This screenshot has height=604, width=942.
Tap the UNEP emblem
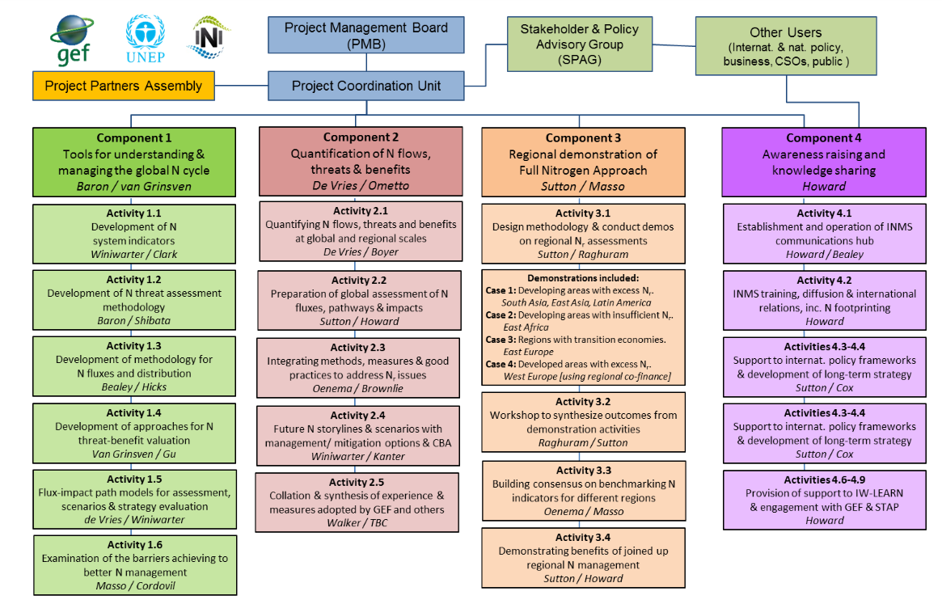click(x=146, y=38)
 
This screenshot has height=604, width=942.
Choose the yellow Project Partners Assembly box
click(x=123, y=86)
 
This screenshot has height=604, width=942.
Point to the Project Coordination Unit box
click(x=365, y=86)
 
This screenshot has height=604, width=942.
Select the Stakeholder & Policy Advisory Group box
click(x=579, y=44)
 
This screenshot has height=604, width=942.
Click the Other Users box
click(x=785, y=47)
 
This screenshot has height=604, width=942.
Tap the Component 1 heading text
click(x=134, y=138)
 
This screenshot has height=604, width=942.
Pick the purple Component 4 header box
click(x=824, y=162)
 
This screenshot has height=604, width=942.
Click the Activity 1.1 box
click(x=134, y=233)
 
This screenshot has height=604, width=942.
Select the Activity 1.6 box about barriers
click(x=134, y=564)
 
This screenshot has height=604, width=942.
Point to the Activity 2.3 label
click(x=360, y=348)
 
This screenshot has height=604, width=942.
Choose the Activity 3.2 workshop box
click(x=583, y=422)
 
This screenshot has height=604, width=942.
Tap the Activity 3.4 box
click(x=583, y=558)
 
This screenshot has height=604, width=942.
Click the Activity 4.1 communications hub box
click(x=824, y=234)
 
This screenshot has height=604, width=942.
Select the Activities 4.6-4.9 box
click(x=824, y=500)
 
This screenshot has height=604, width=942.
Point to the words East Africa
click(x=526, y=327)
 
